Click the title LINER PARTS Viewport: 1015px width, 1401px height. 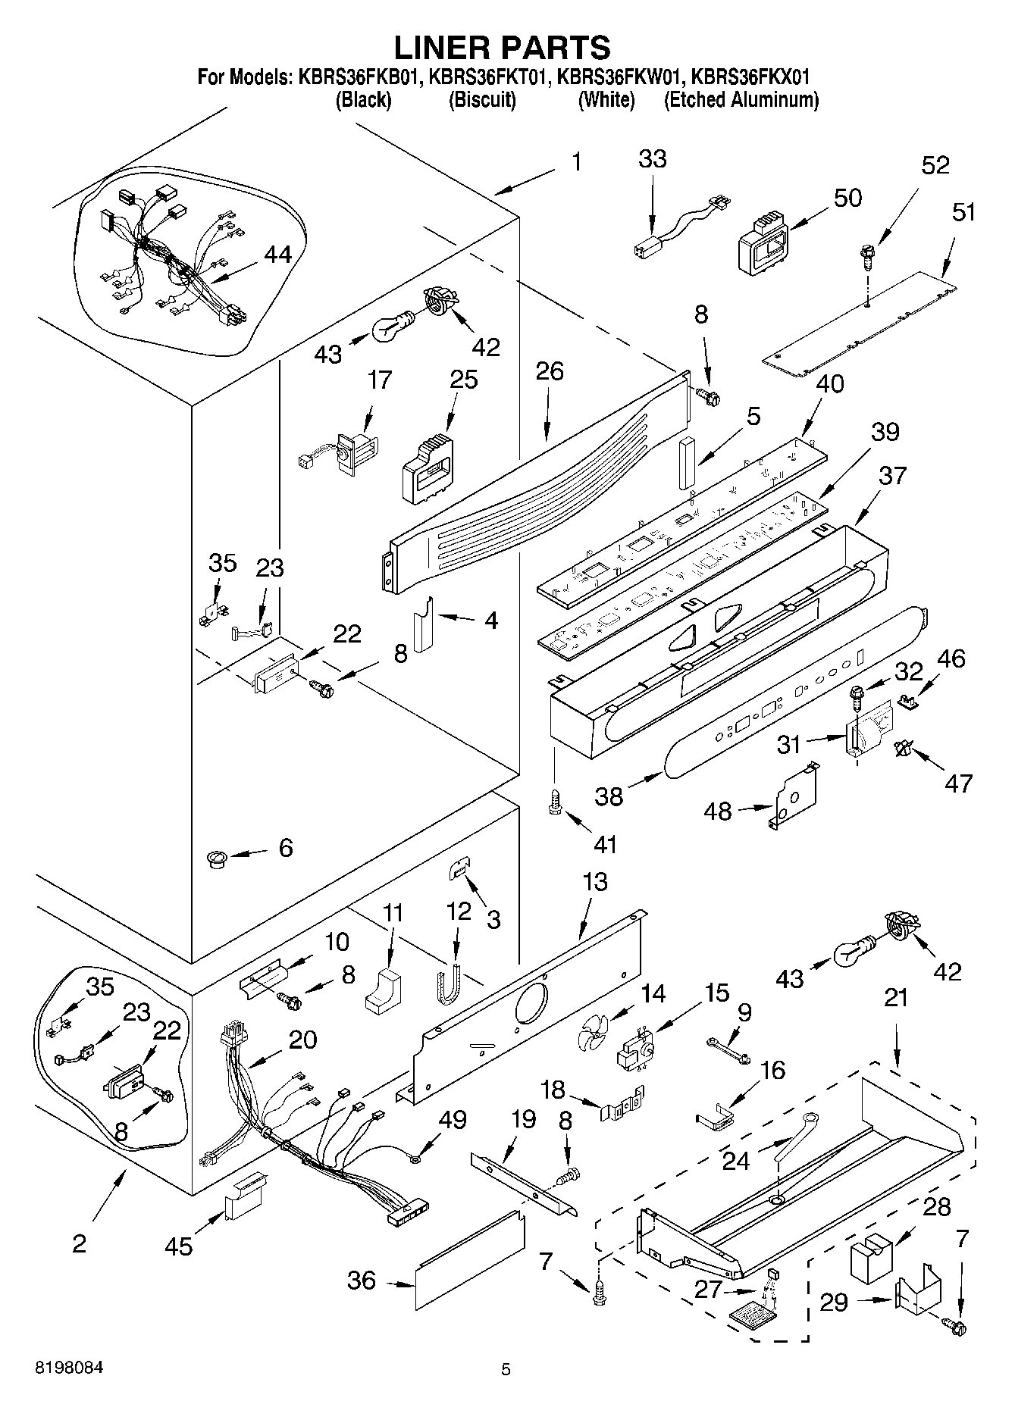point(502,47)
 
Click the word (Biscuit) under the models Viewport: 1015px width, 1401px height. point(482,100)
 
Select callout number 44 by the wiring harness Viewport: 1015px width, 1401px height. point(278,255)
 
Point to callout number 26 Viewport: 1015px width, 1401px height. point(550,371)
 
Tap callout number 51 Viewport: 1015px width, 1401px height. point(963,213)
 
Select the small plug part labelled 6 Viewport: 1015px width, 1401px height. point(218,858)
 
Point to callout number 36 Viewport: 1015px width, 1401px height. point(362,1280)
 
